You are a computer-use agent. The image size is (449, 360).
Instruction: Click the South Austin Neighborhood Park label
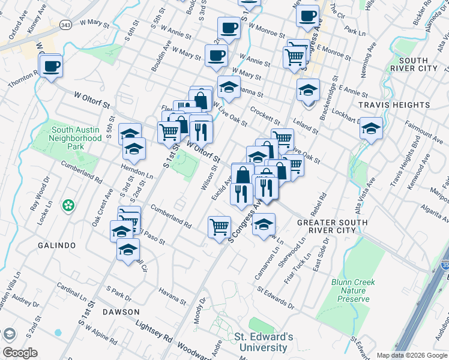76,137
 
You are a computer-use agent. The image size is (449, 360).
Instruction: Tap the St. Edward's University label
264,342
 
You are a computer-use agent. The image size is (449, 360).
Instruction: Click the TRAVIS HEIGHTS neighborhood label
394,105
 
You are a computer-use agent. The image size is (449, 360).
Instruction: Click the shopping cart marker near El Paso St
219,227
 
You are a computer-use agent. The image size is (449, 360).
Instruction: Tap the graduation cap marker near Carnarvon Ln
263,225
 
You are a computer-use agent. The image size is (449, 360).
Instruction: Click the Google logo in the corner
20,353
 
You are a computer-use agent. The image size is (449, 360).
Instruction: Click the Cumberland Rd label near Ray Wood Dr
82,170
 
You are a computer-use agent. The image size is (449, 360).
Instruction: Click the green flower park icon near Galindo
69,205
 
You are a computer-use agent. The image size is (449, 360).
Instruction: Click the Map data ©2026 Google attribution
412,355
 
